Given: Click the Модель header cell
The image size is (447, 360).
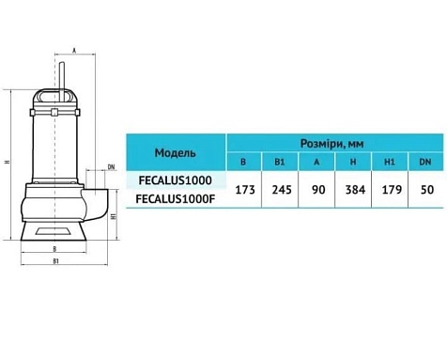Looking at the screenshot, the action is pyautogui.click(x=176, y=153).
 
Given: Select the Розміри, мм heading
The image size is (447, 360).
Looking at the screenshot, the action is pyautogui.click(x=332, y=144).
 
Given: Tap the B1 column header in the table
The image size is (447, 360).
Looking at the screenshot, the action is pyautogui.click(x=280, y=162).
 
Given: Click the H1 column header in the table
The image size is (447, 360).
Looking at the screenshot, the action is pyautogui.click(x=389, y=162).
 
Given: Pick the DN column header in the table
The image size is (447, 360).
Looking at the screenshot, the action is pyautogui.click(x=425, y=162).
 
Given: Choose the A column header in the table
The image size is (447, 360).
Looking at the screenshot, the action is pyautogui.click(x=316, y=162).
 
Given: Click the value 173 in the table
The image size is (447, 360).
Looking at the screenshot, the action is pyautogui.click(x=245, y=190).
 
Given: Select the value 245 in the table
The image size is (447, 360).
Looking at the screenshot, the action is pyautogui.click(x=282, y=190).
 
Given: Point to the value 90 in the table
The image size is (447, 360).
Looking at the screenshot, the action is pyautogui.click(x=318, y=190).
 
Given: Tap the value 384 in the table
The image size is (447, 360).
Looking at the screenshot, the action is pyautogui.click(x=355, y=190).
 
